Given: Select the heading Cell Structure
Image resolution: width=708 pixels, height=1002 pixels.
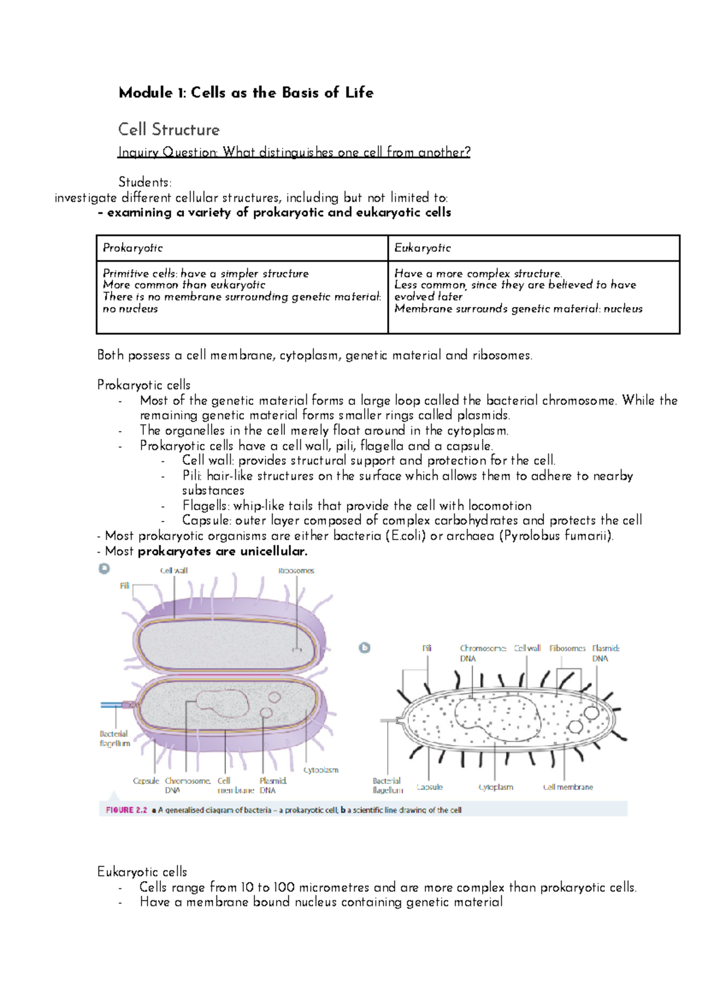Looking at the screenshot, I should tap(169, 129).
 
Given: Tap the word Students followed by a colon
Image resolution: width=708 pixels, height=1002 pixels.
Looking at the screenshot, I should tap(145, 182).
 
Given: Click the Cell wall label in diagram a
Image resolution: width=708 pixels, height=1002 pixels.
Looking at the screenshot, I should tap(173, 570).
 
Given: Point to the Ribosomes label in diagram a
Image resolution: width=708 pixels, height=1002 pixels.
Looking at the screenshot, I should tap(296, 570).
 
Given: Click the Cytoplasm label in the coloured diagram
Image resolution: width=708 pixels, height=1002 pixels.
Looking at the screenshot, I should tap(321, 770).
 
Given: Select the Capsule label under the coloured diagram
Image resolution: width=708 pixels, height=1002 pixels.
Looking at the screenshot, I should tap(146, 781).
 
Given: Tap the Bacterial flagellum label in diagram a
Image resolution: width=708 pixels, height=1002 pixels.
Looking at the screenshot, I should tap(114, 739).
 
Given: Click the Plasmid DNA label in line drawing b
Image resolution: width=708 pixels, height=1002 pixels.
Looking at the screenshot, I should tap(605, 653).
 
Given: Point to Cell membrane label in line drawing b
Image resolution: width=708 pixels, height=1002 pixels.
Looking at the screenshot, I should tap(568, 787).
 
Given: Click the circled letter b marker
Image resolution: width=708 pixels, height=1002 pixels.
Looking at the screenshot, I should tap(365, 648).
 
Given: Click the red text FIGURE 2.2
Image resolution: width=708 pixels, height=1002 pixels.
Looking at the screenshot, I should tap(126, 810).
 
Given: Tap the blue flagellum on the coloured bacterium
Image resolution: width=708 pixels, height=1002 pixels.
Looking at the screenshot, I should tap(112, 705).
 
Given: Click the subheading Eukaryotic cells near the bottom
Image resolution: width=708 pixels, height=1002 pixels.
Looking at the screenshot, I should tap(142, 872).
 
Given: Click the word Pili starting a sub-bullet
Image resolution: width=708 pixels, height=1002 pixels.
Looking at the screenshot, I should tap(192, 476).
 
